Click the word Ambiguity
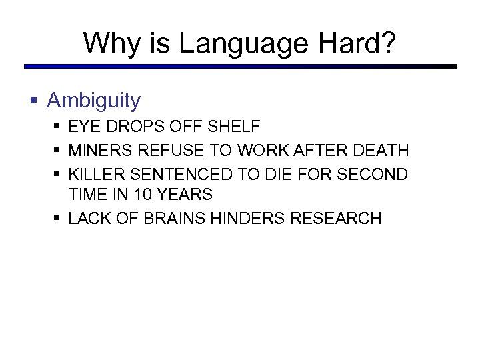click(x=94, y=101)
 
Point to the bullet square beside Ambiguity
click(x=34, y=101)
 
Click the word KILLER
click(x=96, y=175)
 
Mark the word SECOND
click(x=375, y=175)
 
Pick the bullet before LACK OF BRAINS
click(x=57, y=219)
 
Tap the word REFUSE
click(x=165, y=151)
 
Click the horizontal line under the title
click(x=240, y=67)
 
